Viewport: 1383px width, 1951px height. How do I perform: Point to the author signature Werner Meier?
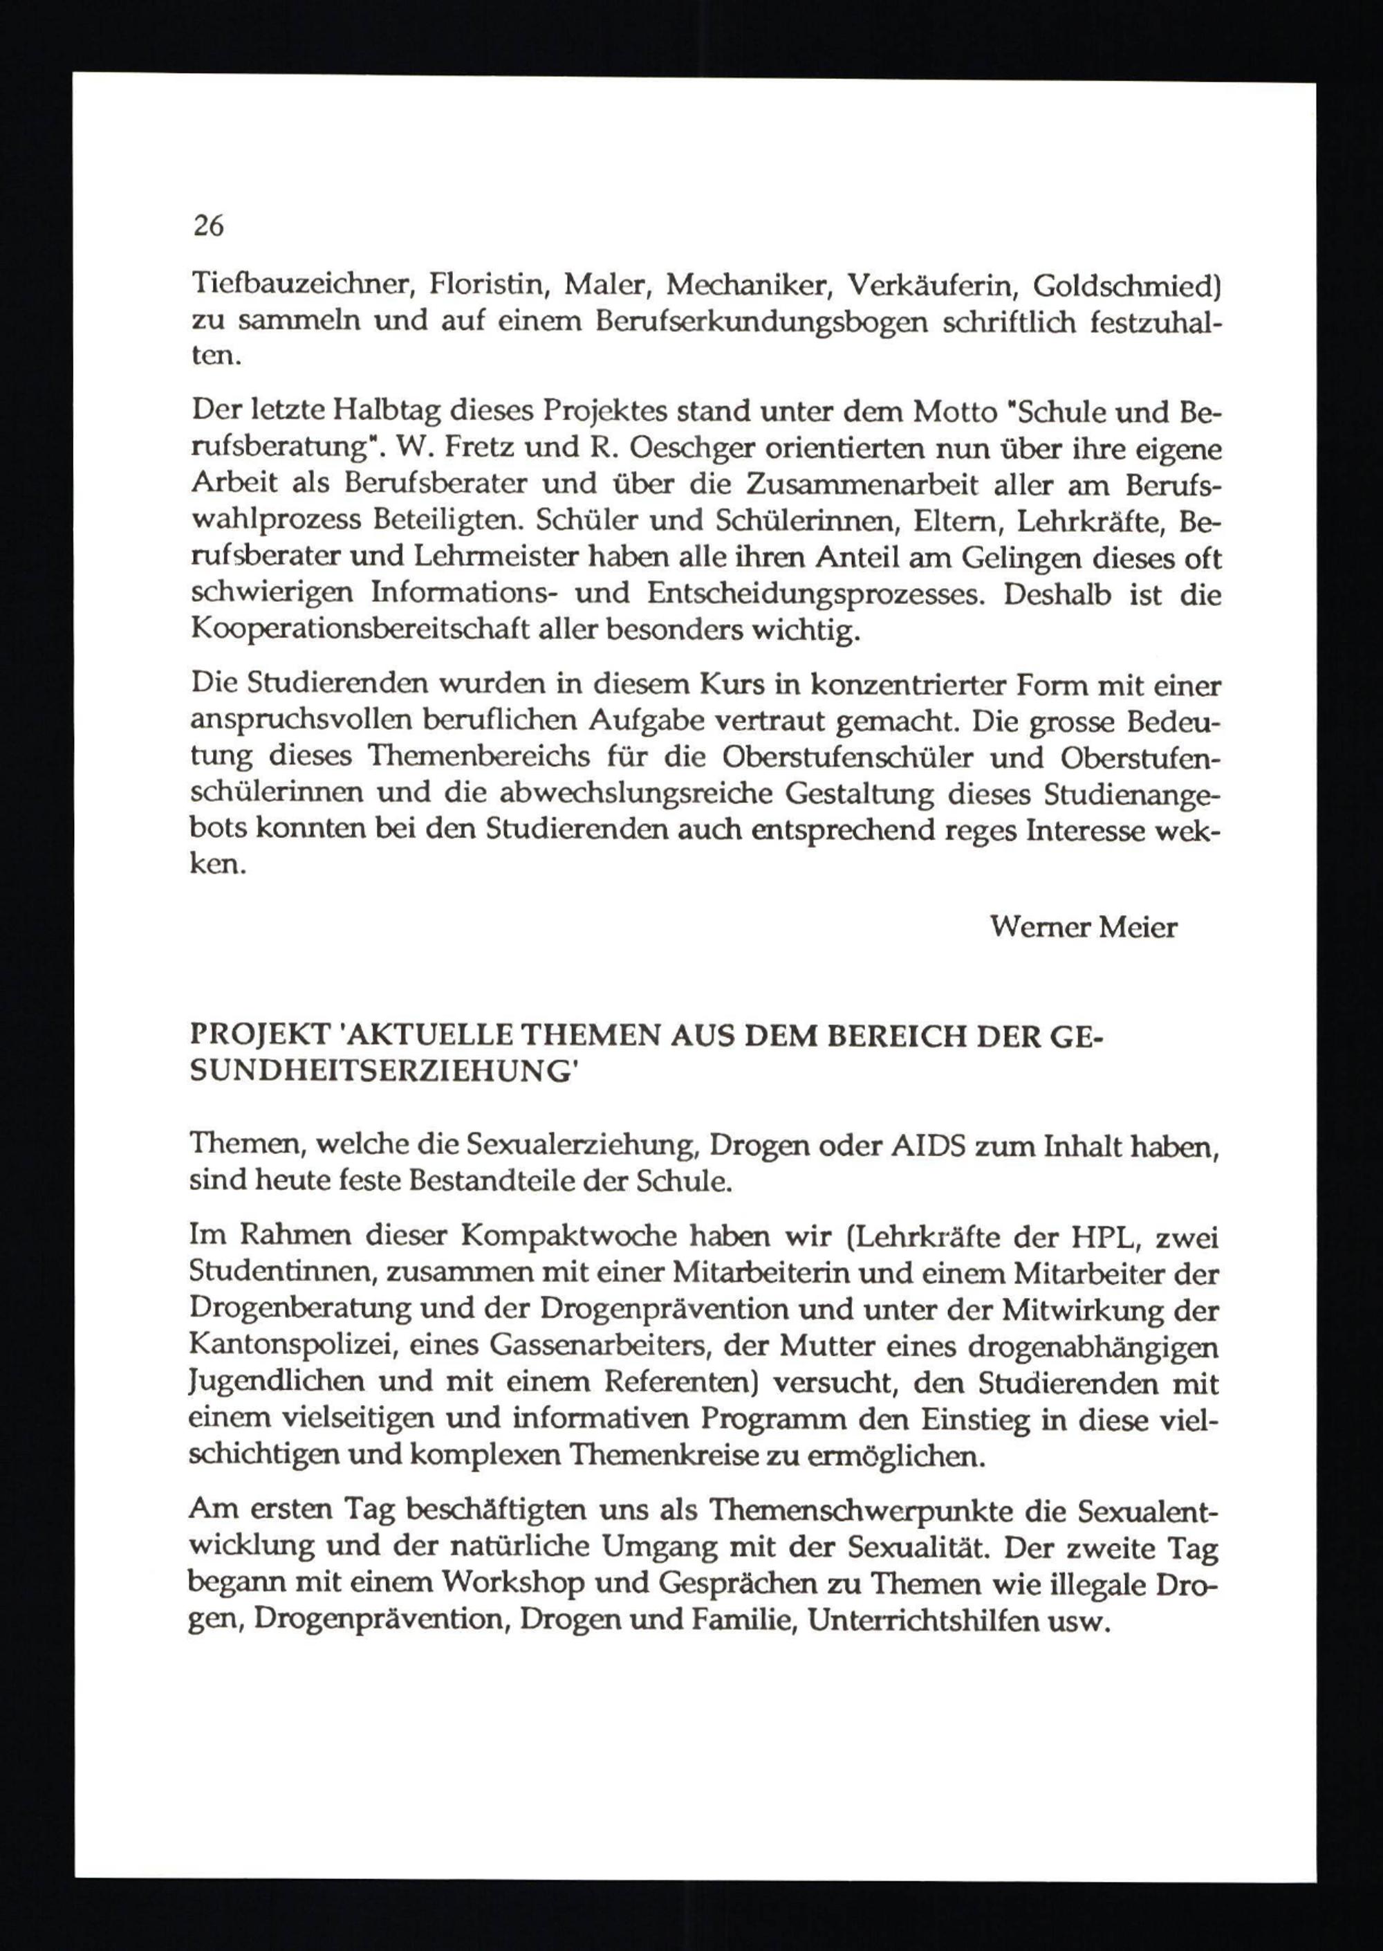(1084, 927)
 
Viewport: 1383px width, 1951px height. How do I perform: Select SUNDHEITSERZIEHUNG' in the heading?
(383, 1072)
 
